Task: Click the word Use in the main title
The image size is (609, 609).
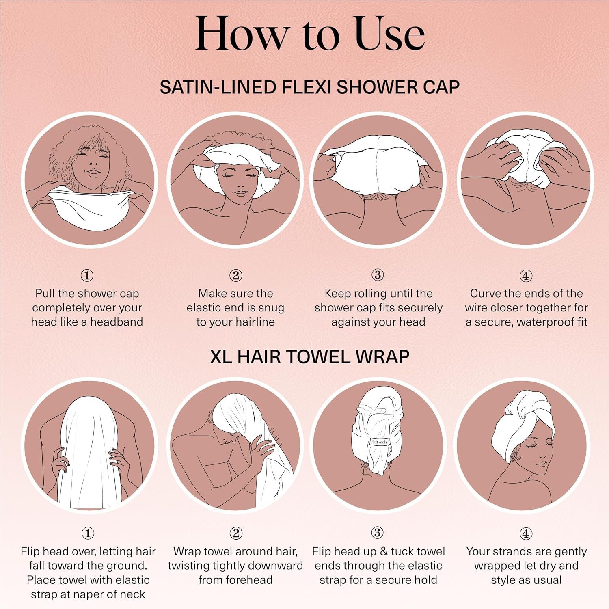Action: (390, 34)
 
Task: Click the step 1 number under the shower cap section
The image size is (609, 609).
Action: (87, 276)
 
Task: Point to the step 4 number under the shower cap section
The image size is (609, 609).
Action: (526, 276)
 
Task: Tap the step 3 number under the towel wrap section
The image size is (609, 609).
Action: (377, 533)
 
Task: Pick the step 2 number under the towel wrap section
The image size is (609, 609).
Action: (236, 533)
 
